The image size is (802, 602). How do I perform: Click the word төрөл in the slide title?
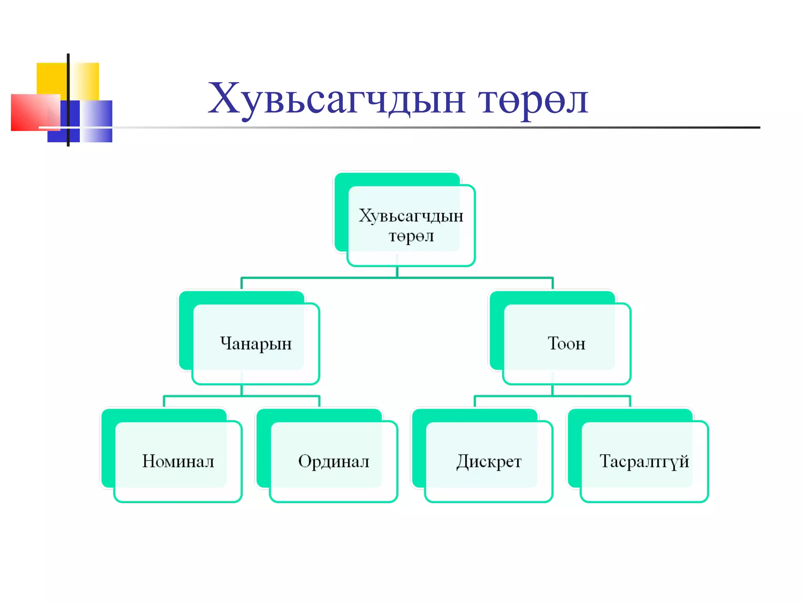click(x=533, y=101)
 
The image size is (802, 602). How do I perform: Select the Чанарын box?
click(x=256, y=343)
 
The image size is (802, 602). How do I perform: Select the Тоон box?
click(x=566, y=343)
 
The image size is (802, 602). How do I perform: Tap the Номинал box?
click(x=178, y=461)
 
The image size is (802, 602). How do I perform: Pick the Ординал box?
click(x=333, y=461)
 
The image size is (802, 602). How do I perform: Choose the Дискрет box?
click(x=489, y=461)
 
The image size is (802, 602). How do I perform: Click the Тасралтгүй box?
click(x=644, y=461)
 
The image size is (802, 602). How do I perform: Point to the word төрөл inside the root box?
click(x=411, y=236)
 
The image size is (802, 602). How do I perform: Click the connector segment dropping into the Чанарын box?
click(x=242, y=283)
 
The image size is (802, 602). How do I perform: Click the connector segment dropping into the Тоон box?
click(x=553, y=283)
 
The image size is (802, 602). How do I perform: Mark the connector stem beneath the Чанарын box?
click(x=242, y=390)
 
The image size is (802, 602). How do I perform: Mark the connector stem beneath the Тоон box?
click(x=552, y=390)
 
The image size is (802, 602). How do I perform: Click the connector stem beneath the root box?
click(x=397, y=272)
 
